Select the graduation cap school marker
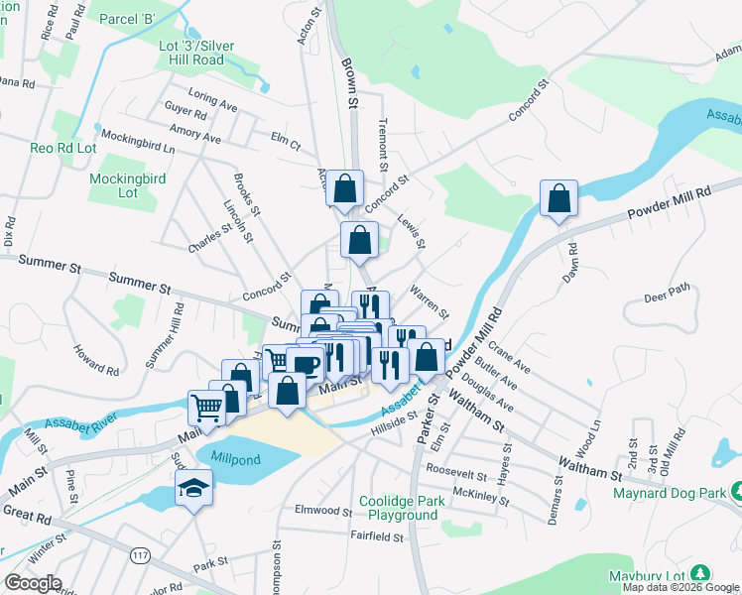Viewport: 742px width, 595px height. click(192, 487)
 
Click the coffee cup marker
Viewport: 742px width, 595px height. click(306, 364)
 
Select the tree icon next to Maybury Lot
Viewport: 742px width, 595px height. click(700, 573)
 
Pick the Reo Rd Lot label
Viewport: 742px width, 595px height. click(63, 148)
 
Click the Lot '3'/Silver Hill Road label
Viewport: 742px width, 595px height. click(191, 54)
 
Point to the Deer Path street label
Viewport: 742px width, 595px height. click(666, 294)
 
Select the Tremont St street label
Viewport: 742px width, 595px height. click(384, 140)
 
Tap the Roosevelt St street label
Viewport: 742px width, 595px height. click(456, 469)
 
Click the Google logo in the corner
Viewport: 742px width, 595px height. click(33, 583)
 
